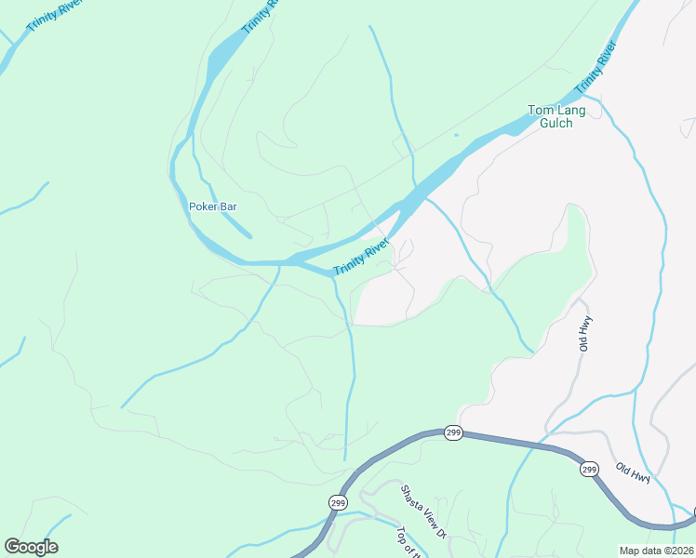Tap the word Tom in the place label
point(541,110)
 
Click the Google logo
point(32,547)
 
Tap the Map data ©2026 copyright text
point(656,551)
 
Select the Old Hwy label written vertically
point(585,333)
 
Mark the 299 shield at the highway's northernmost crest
point(453,433)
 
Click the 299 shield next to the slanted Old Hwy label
point(590,471)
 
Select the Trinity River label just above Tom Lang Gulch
point(596,67)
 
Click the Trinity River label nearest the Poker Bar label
point(361,257)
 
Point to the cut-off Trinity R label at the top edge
point(260,17)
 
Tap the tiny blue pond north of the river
point(456,135)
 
